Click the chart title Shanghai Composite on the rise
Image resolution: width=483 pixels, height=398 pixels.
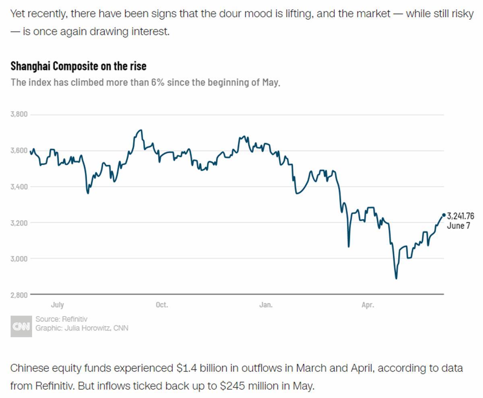coord(78,66)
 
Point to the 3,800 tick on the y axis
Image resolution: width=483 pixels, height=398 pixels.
coord(19,114)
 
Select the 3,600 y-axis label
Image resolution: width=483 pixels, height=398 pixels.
coord(19,151)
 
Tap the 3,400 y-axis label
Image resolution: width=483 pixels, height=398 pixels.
coord(19,187)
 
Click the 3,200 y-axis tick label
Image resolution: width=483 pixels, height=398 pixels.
coord(19,223)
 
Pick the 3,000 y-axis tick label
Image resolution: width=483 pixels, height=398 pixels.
coord(19,259)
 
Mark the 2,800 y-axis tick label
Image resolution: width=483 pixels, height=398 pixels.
coord(19,295)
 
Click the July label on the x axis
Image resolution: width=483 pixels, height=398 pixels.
coord(58,305)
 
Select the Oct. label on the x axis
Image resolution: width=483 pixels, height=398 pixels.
coord(162,305)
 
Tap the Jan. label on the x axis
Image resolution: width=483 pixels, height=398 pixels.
coord(266,305)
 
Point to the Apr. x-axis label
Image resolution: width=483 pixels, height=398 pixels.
coord(367,305)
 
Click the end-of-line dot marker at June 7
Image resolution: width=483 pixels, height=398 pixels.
coord(444,215)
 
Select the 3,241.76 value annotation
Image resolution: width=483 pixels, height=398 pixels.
coord(460,217)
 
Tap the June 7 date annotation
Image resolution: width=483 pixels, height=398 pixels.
coord(458,226)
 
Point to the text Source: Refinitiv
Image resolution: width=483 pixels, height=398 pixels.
coord(61,319)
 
